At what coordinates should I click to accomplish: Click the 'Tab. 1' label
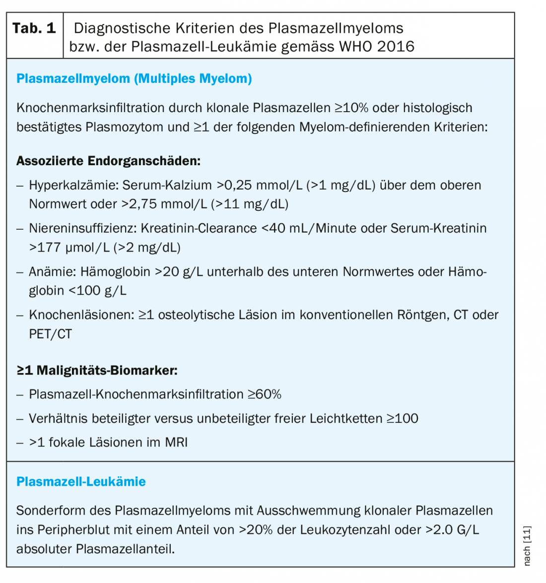coord(34,28)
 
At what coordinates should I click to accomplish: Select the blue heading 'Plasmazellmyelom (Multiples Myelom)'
coord(134,78)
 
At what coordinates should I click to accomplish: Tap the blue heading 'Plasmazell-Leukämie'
coord(81,481)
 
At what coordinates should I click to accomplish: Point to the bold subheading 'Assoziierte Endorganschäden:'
coord(108,161)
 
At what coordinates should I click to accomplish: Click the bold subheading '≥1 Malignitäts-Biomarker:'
coord(97,370)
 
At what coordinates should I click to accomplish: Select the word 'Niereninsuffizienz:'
coord(83,228)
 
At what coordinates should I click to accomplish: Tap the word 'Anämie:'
coord(53,272)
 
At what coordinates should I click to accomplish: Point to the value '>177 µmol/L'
coord(69,247)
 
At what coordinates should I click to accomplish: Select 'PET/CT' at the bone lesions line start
coord(50,334)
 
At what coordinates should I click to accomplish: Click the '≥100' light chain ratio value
coord(403,418)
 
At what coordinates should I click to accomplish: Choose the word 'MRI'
coord(176,442)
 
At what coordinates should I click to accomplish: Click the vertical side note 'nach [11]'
coord(527,545)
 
